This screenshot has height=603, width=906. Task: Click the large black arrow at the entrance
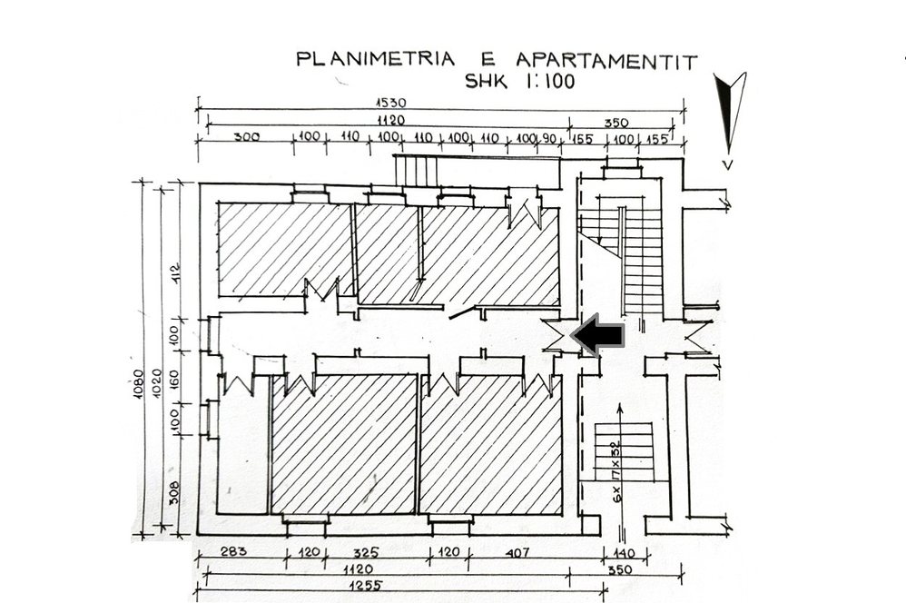coord(598,335)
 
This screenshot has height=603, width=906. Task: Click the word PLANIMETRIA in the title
coord(375,59)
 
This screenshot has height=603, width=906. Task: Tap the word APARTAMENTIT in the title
coord(606,60)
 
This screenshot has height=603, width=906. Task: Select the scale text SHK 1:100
coord(520,81)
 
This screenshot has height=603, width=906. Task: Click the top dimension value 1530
coord(390,103)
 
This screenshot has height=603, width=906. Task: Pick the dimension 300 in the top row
coord(246,138)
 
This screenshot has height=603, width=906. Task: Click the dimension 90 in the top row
coord(548,139)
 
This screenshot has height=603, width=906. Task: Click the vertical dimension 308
coord(174,492)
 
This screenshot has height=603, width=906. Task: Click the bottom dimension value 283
coord(233,551)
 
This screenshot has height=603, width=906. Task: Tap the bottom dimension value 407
coord(517,553)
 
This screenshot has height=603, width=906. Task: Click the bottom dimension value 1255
coord(365,585)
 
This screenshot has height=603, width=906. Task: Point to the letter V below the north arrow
coord(728,165)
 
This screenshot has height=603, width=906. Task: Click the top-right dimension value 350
coord(615,123)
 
